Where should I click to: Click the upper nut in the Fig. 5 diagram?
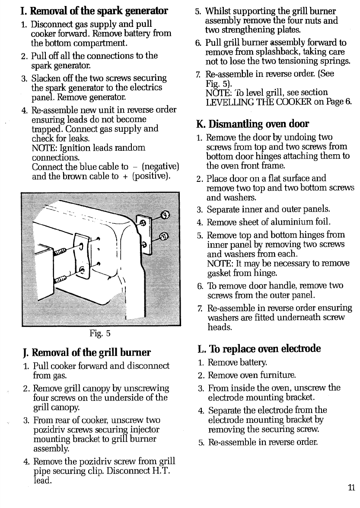tap(165, 216)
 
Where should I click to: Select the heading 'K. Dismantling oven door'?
tap(252, 124)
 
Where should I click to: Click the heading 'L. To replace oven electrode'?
tap(259, 349)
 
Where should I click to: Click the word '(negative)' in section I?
tap(160, 167)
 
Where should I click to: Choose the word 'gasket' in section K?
tap(220, 273)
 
